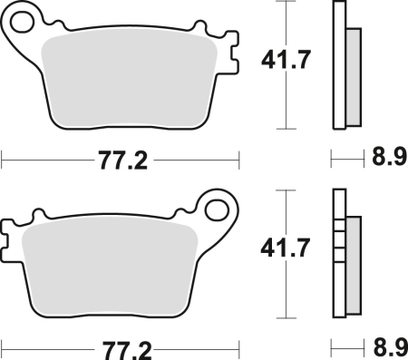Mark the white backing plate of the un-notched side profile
[x=339, y=68]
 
